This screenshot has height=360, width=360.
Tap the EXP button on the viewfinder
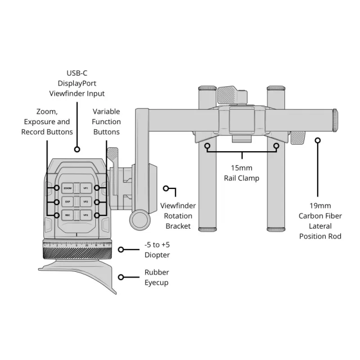pos(67,202)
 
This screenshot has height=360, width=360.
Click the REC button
pos(67,215)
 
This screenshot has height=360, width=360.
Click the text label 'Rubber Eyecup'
pos(157,277)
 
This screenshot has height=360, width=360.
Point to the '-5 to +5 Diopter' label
pos(157,250)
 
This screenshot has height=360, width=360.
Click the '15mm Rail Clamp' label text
pos(242,174)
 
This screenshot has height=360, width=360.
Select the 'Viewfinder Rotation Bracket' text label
pos(178,216)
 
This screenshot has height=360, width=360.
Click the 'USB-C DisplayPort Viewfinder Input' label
pos(77,83)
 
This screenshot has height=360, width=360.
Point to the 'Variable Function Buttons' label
pos(106,121)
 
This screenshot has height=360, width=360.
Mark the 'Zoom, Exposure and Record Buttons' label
pos(47,121)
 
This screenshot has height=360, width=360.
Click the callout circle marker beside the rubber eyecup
pos(121,277)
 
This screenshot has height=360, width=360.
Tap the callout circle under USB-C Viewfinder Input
pos(77,149)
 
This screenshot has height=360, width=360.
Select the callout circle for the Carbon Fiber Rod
pos(318,140)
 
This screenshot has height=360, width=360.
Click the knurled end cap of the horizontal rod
pos(336,121)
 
